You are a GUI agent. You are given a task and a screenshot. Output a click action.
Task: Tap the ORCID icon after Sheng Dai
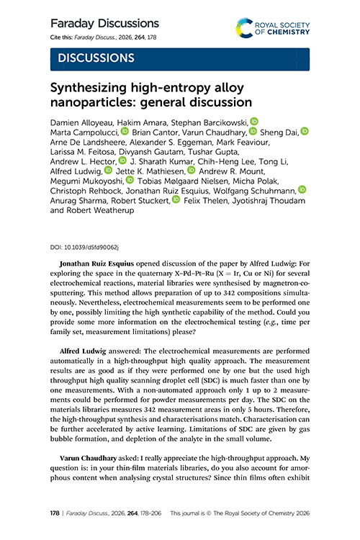[304, 132]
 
